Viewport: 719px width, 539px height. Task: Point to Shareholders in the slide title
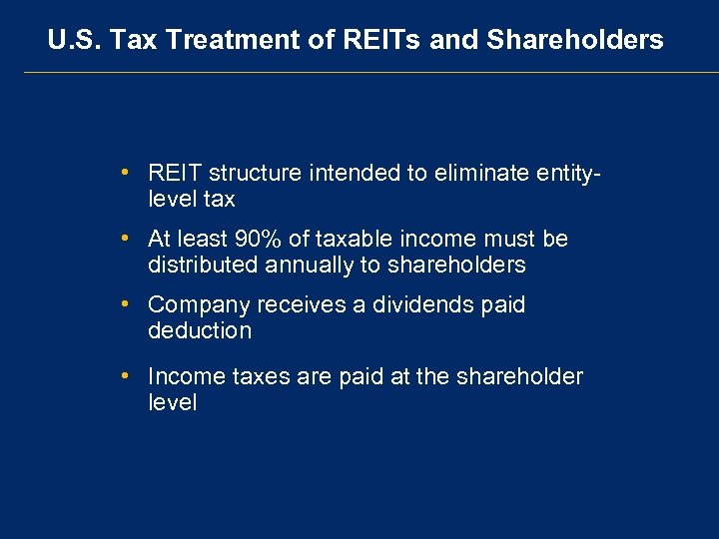(574, 40)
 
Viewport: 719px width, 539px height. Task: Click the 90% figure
(260, 239)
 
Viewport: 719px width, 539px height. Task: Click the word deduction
(200, 330)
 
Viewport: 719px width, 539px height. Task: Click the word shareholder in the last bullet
(519, 376)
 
